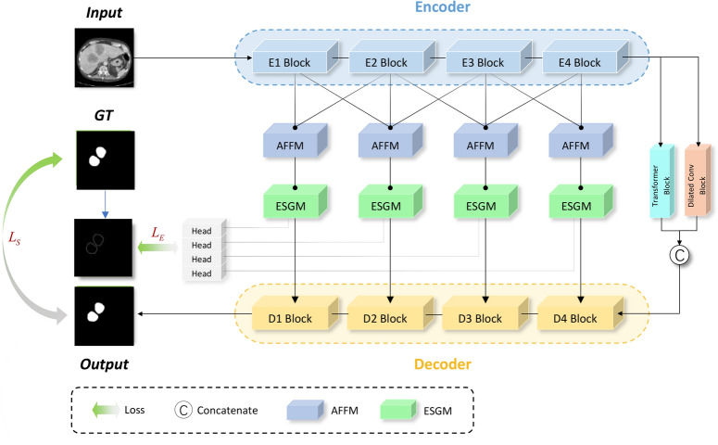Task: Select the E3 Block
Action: [x=479, y=64]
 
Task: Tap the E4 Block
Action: [x=574, y=64]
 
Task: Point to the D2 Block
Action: [x=383, y=319]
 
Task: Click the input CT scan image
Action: [x=104, y=57]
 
